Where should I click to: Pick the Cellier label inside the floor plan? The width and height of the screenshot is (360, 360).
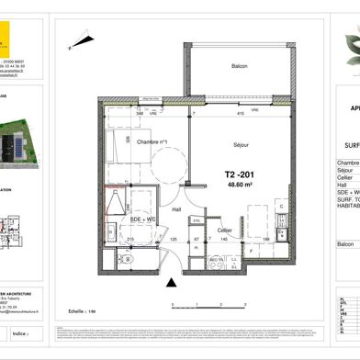click(x=225, y=230)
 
